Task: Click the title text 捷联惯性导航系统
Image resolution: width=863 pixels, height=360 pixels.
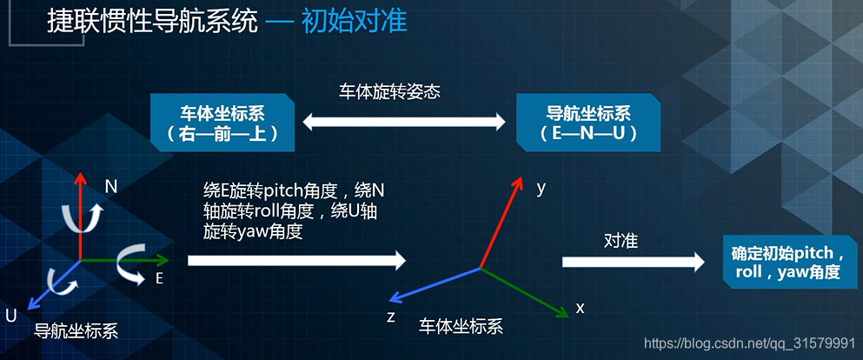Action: pyautogui.click(x=152, y=21)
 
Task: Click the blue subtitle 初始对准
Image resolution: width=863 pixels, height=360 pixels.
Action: pyautogui.click(x=354, y=21)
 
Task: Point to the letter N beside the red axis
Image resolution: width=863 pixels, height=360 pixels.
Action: pyautogui.click(x=110, y=186)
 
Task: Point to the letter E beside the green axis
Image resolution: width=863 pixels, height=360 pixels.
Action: pyautogui.click(x=159, y=278)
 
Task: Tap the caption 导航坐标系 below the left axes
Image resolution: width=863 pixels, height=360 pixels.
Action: pyautogui.click(x=76, y=331)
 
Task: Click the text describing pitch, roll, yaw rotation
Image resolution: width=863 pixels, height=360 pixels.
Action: pyautogui.click(x=291, y=210)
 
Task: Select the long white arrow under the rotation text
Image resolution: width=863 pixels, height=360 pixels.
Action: pyautogui.click(x=296, y=260)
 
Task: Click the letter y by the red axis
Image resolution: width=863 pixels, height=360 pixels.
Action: pyautogui.click(x=541, y=188)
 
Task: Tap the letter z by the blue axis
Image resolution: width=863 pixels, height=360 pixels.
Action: pyautogui.click(x=391, y=317)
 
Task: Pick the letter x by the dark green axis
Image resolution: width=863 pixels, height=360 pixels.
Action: pyautogui.click(x=581, y=307)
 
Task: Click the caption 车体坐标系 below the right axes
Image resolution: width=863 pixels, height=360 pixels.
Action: pyautogui.click(x=461, y=326)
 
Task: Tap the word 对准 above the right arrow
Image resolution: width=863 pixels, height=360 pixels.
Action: pyautogui.click(x=621, y=241)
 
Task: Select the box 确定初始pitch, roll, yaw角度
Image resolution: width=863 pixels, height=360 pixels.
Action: pyautogui.click(x=785, y=263)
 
